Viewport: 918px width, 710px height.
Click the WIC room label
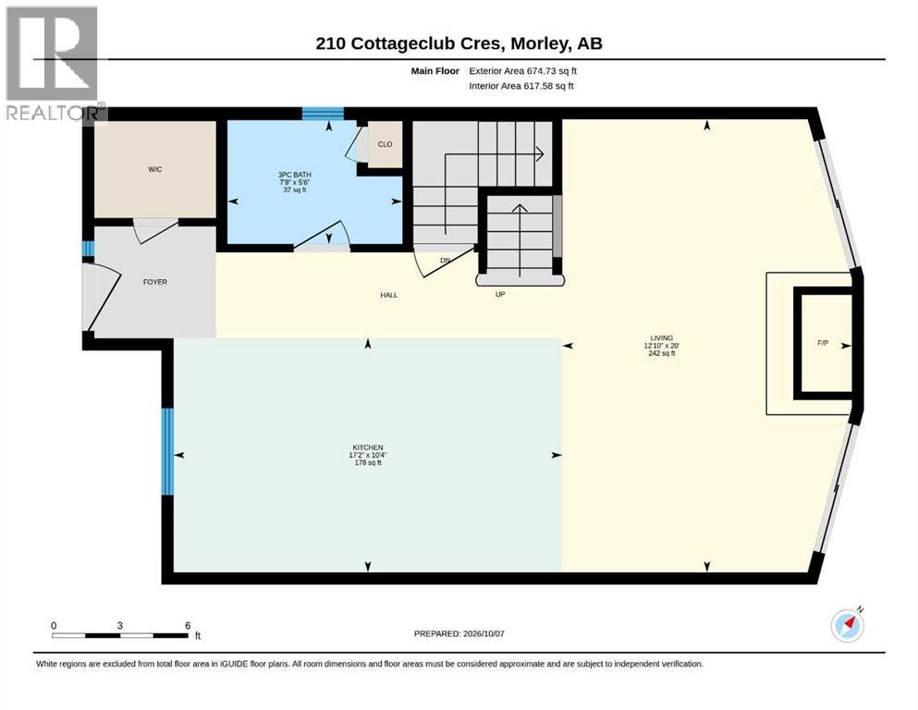[155, 170]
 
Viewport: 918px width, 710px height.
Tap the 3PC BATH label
[295, 175]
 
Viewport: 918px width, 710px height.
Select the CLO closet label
[386, 144]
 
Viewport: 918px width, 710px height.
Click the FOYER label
[155, 282]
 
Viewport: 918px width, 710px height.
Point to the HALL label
[389, 295]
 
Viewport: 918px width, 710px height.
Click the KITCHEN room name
[368, 447]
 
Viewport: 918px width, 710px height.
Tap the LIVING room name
[662, 337]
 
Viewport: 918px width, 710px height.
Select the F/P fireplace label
[823, 343]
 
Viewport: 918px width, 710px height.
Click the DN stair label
[445, 261]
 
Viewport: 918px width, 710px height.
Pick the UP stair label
[500, 294]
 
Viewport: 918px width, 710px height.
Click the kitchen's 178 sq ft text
[368, 462]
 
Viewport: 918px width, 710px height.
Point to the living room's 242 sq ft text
[662, 353]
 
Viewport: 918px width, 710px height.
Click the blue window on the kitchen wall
[167, 451]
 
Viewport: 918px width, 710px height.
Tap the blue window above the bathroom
[323, 113]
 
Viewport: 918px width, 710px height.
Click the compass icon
[847, 626]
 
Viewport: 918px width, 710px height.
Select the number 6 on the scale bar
[188, 625]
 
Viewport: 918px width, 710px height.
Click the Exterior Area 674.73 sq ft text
[523, 71]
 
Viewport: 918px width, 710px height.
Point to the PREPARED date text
[459, 633]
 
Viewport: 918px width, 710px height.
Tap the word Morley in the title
[539, 43]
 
